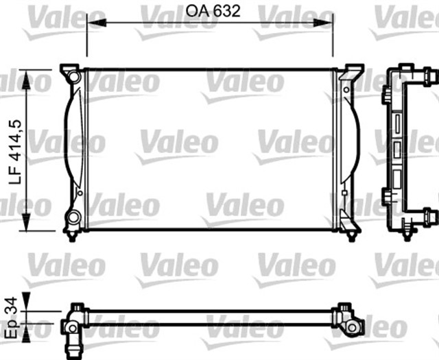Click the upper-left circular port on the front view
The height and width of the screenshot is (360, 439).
click(73, 76)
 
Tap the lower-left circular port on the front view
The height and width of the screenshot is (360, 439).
click(73, 219)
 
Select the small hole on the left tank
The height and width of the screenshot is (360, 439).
click(80, 194)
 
